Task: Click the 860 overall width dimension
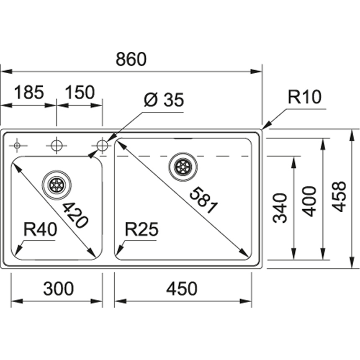(x=131, y=59)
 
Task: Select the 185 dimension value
(x=29, y=92)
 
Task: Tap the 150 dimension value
(x=80, y=92)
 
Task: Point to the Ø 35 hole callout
(x=164, y=100)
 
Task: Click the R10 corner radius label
(x=304, y=97)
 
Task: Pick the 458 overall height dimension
(x=339, y=196)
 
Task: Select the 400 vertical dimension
(x=309, y=201)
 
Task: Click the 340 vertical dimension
(x=280, y=208)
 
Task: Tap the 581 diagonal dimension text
(x=203, y=200)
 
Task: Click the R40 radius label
(x=41, y=229)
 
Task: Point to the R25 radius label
(x=141, y=229)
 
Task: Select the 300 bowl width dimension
(x=59, y=288)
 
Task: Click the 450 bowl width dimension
(x=182, y=288)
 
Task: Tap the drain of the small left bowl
(x=57, y=185)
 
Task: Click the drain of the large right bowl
(x=183, y=167)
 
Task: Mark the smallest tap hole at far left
(x=17, y=146)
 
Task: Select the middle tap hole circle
(x=57, y=146)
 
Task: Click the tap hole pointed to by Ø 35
(x=102, y=146)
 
